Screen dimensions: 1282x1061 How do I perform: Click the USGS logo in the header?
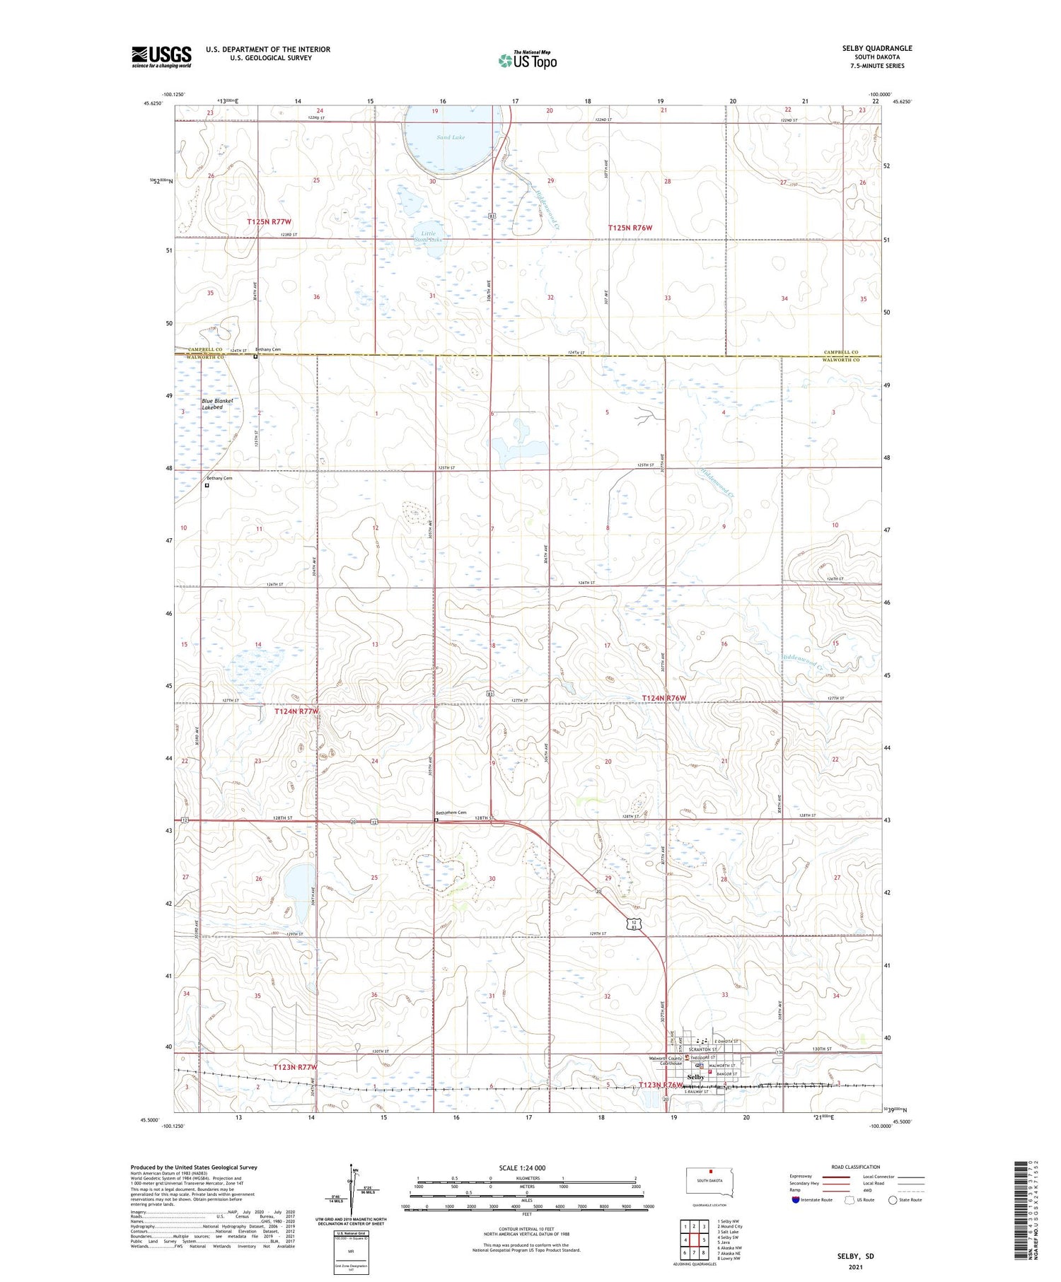tap(161, 57)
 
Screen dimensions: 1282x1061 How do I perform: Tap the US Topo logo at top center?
tap(527, 61)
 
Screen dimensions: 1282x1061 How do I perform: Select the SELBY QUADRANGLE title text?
tap(876, 48)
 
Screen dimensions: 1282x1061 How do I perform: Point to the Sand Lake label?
tap(451, 137)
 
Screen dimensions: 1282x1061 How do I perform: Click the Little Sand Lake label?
tap(429, 236)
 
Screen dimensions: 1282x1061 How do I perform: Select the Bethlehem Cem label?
tap(451, 812)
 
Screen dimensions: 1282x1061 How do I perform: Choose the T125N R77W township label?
tap(269, 222)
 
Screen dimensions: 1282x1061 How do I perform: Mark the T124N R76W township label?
tap(663, 698)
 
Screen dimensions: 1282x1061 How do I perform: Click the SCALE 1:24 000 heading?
tap(527, 1167)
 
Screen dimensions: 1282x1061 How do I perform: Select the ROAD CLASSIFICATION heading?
tap(856, 1167)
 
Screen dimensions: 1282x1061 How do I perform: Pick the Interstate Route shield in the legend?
tap(796, 1200)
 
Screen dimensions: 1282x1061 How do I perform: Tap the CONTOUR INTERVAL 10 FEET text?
tap(526, 1229)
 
